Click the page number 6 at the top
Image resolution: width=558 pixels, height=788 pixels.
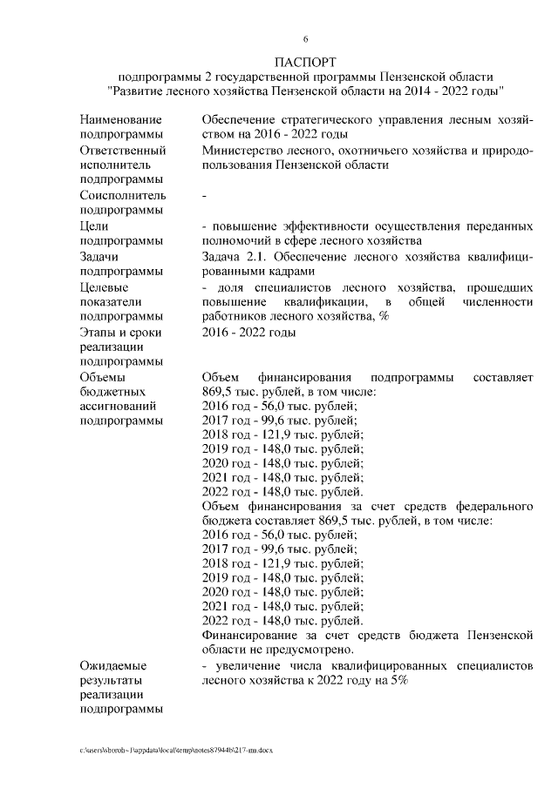305,39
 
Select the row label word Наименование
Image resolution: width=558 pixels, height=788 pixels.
120,118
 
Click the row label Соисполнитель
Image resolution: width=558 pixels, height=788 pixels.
122,195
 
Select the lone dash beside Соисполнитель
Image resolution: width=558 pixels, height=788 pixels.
204,196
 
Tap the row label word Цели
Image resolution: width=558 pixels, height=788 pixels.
93,226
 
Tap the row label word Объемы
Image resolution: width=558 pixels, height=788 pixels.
103,377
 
